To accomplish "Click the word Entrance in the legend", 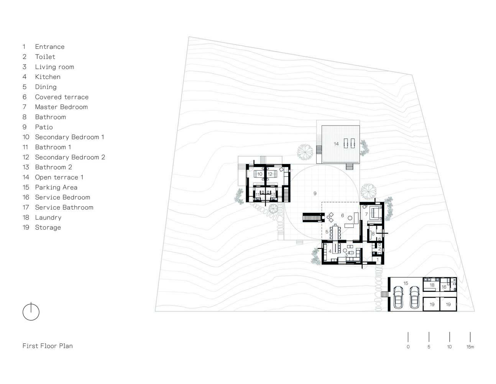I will [49, 47].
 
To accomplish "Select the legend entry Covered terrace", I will [61, 97].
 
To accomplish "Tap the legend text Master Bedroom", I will [61, 107].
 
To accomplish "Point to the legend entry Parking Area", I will [56, 187].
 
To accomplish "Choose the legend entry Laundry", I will [48, 217].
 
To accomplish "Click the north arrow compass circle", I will [31, 312].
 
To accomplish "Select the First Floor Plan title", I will [48, 346].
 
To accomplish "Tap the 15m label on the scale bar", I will [470, 347].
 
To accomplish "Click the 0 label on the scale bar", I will [408, 347].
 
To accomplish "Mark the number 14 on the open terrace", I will [336, 144].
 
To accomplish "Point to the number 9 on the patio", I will [315, 194].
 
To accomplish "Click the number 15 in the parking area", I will [406, 283].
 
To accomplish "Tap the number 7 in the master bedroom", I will [366, 214].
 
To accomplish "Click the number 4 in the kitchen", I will [330, 252].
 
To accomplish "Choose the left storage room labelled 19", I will [432, 305].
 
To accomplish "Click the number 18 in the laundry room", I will [432, 285].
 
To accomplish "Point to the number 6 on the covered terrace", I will [342, 216].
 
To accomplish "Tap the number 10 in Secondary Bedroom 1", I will [259, 174].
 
